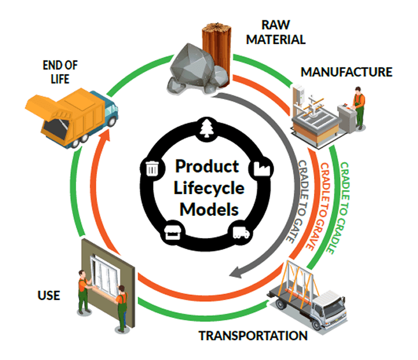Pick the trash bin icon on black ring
(153, 169)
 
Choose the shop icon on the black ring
(173, 232)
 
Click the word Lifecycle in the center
(206, 188)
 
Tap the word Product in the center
(206, 167)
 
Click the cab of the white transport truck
(332, 306)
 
